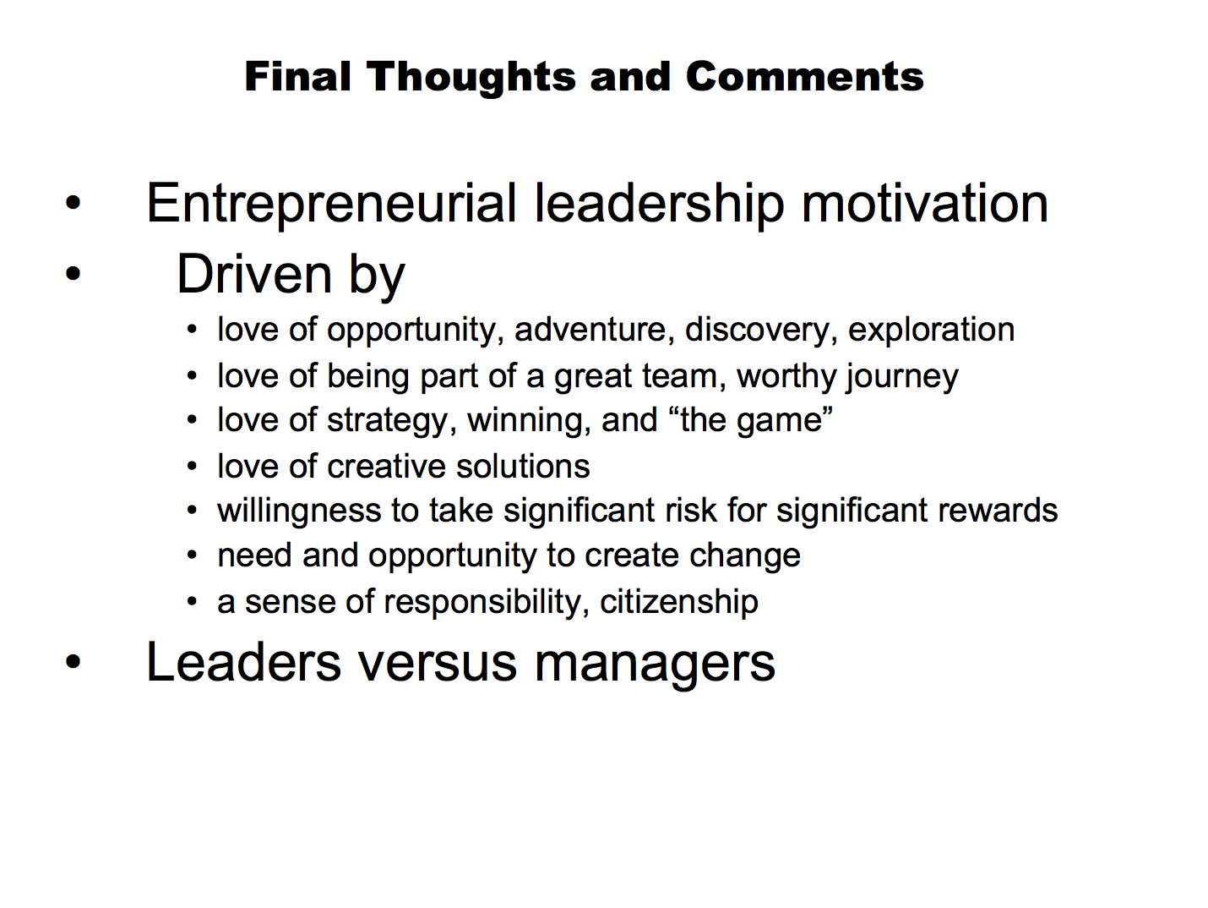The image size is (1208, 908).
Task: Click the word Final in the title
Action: pyautogui.click(x=297, y=76)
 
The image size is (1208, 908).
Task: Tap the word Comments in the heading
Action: pyautogui.click(x=804, y=76)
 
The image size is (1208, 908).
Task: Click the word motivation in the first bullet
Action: pyautogui.click(x=924, y=204)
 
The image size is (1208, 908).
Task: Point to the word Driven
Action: pyautogui.click(x=253, y=274)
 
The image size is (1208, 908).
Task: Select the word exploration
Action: pyautogui.click(x=931, y=331)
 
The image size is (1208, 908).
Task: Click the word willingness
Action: pyautogui.click(x=299, y=511)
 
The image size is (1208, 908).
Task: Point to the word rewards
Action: pyautogui.click(x=998, y=511)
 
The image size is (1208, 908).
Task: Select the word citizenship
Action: pyautogui.click(x=678, y=601)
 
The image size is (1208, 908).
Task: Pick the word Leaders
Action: pyautogui.click(x=243, y=662)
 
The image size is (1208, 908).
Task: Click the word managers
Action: pyautogui.click(x=655, y=665)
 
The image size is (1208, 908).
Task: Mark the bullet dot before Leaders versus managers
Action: pyautogui.click(x=73, y=661)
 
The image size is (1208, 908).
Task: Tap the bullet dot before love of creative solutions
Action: pyautogui.click(x=192, y=467)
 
